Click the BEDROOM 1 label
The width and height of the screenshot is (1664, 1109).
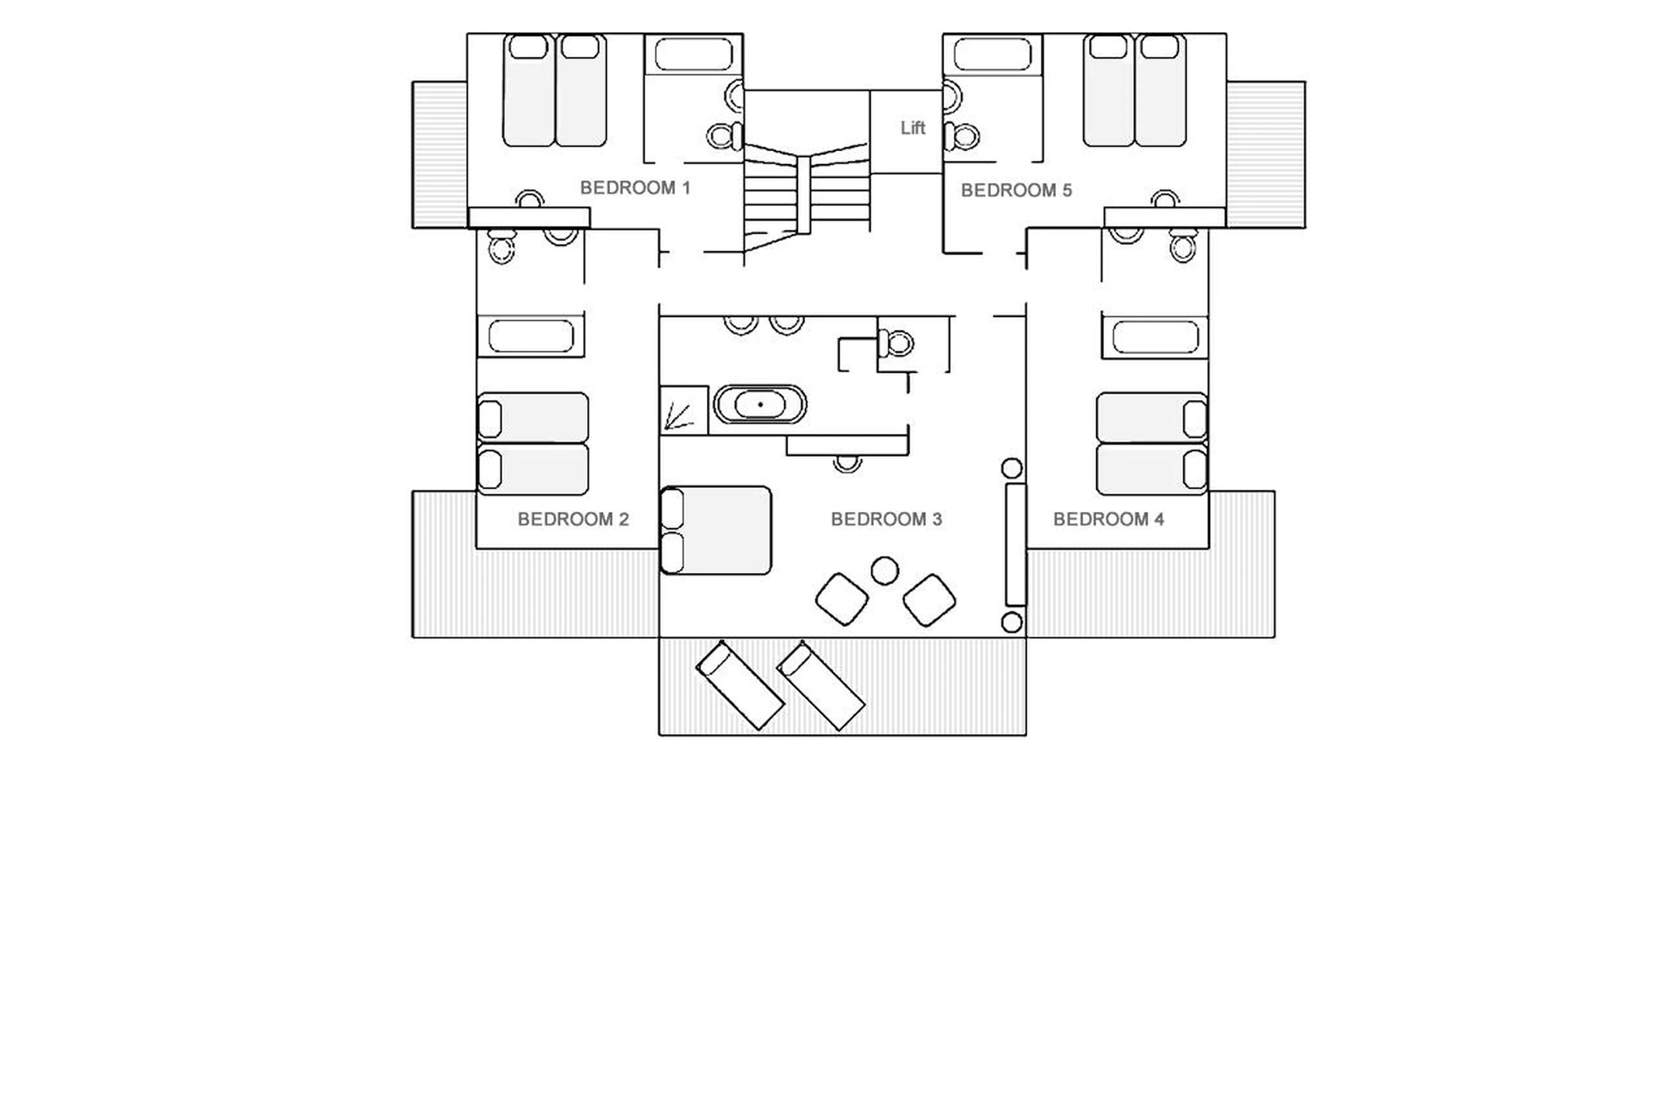click(x=634, y=188)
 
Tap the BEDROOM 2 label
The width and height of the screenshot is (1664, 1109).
click(x=573, y=519)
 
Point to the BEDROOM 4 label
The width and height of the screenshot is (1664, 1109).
click(x=1108, y=519)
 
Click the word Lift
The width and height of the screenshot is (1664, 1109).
click(x=912, y=128)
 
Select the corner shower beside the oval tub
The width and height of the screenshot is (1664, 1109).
click(x=683, y=410)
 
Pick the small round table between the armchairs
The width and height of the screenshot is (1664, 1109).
click(x=884, y=570)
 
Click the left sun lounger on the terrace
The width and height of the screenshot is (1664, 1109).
click(x=740, y=685)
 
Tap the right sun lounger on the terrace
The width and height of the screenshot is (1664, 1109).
click(x=820, y=685)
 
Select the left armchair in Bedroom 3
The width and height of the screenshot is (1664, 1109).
click(x=842, y=599)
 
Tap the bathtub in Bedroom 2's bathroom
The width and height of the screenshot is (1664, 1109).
click(x=530, y=336)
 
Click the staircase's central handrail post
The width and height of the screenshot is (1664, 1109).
click(x=803, y=195)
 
